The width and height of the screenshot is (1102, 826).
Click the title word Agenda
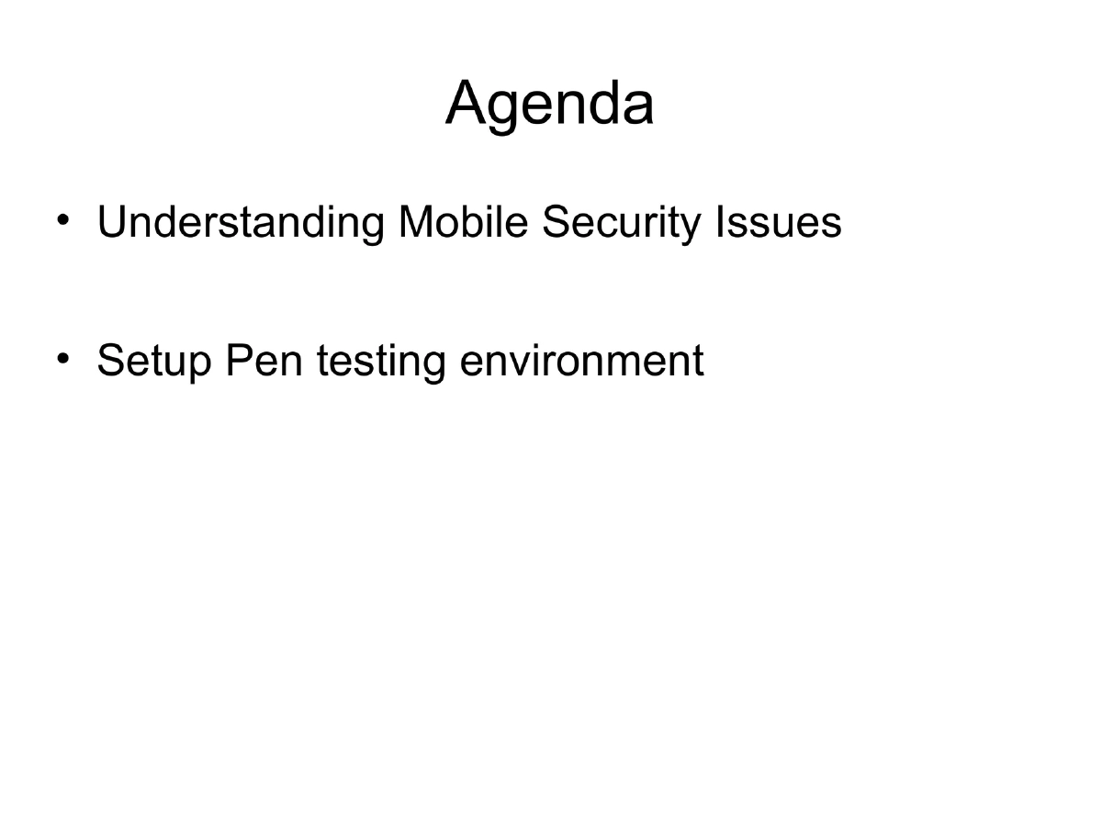[x=550, y=105]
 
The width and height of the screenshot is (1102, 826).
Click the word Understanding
[x=241, y=224]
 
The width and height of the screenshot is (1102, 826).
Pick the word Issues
[x=789, y=222]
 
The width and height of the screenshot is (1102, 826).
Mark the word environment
[x=581, y=360]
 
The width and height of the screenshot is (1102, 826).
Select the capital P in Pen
[x=237, y=360]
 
